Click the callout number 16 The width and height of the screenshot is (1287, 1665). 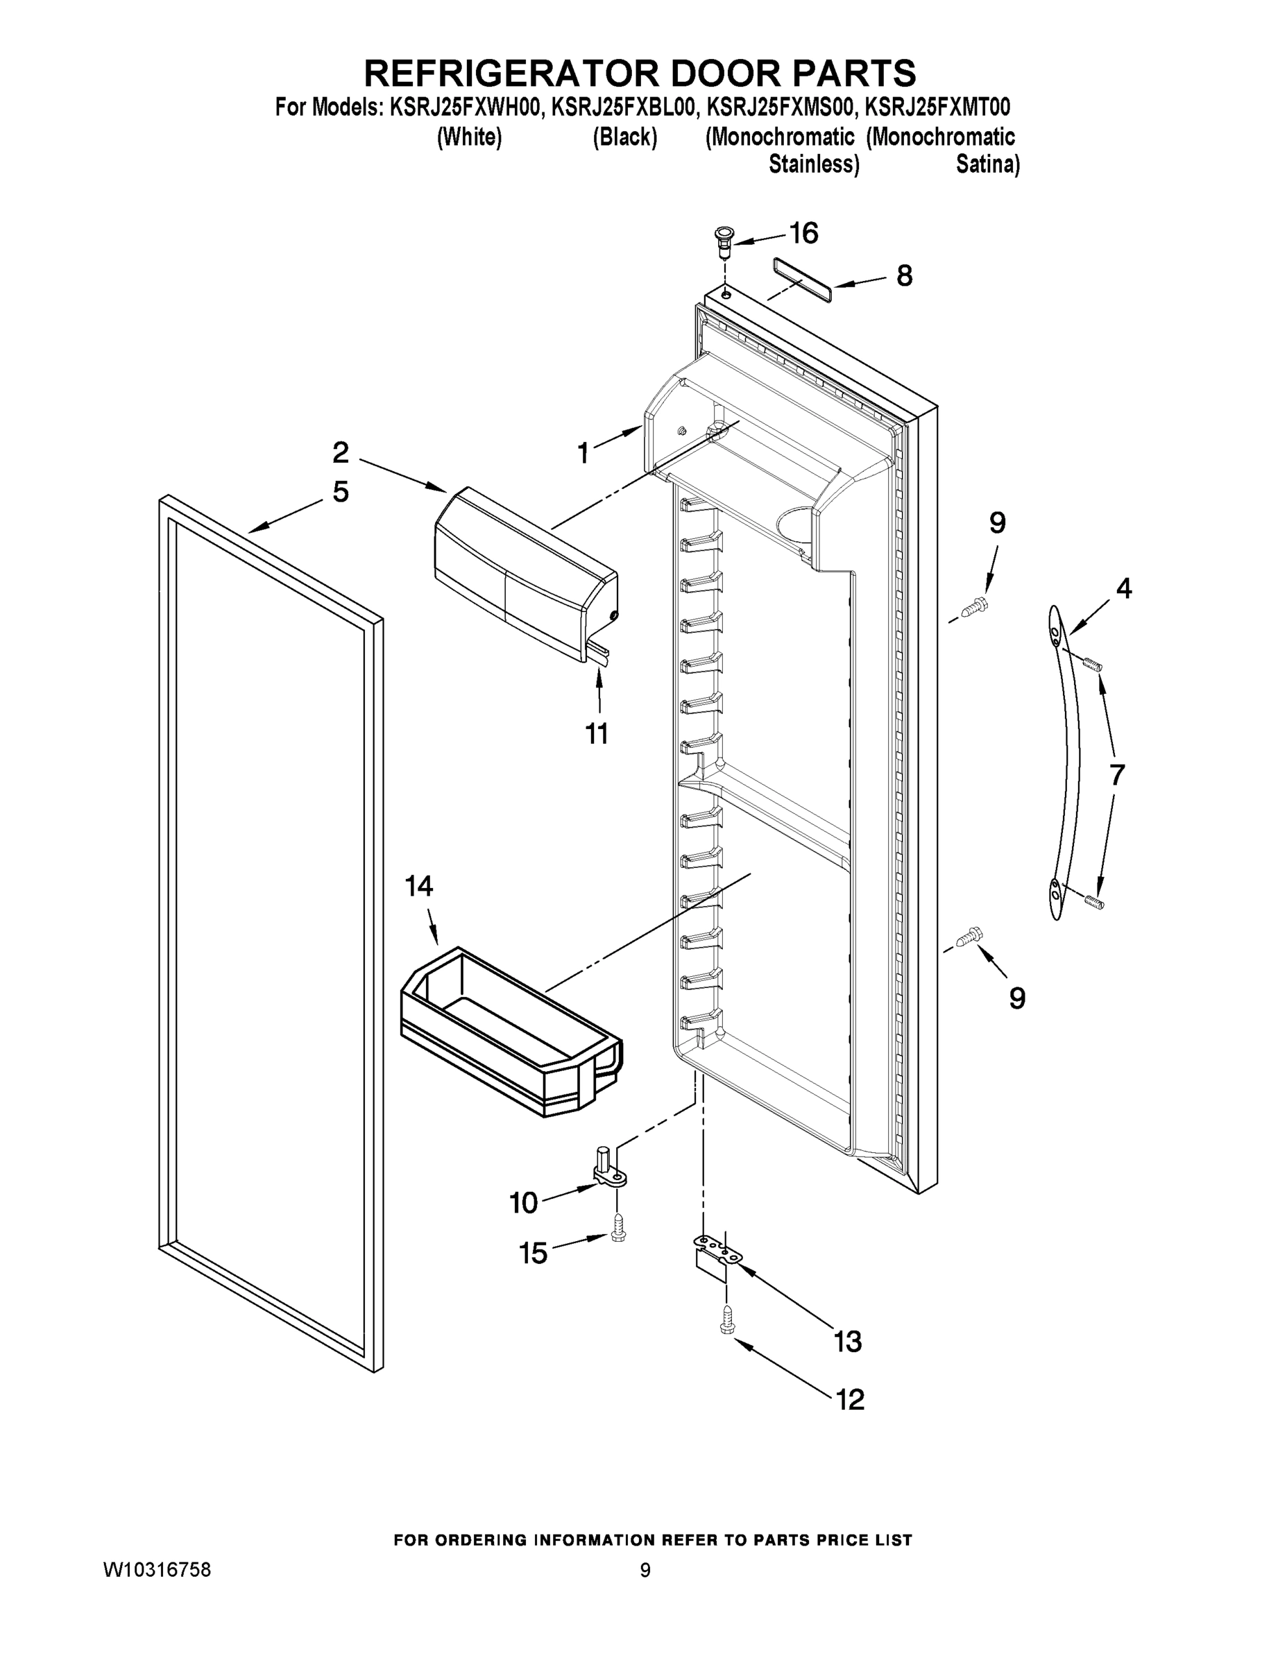pyautogui.click(x=803, y=232)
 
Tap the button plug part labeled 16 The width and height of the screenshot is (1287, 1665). pyautogui.click(x=723, y=237)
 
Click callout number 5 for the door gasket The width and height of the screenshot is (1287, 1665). pyautogui.click(x=340, y=492)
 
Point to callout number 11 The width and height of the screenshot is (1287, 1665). pyautogui.click(x=596, y=733)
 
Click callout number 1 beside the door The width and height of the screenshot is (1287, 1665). pyautogui.click(x=583, y=454)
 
